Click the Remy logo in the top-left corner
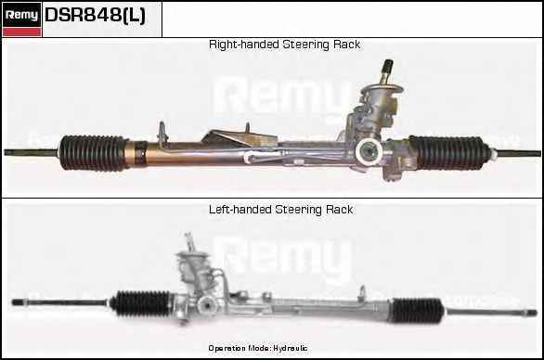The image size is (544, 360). pyautogui.click(x=21, y=19)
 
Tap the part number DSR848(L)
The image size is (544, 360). pyautogui.click(x=95, y=15)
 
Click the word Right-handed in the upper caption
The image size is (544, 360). pyautogui.click(x=244, y=45)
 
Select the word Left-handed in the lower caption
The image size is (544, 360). pyautogui.click(x=240, y=210)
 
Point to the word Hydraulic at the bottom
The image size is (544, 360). pyautogui.click(x=290, y=348)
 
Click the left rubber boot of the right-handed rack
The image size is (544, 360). pyautogui.click(x=93, y=153)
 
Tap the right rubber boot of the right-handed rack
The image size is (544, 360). pyautogui.click(x=449, y=152)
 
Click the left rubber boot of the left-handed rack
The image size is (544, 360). pyautogui.click(x=141, y=303)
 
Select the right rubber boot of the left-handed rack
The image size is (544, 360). pyautogui.click(x=418, y=310)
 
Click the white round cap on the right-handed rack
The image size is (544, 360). pyautogui.click(x=369, y=151)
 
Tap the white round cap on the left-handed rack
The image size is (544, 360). pyautogui.click(x=206, y=305)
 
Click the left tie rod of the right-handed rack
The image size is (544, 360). pyautogui.click(x=32, y=152)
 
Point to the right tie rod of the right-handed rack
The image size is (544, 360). pyautogui.click(x=516, y=153)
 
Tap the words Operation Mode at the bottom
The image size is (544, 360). pyautogui.click(x=240, y=348)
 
